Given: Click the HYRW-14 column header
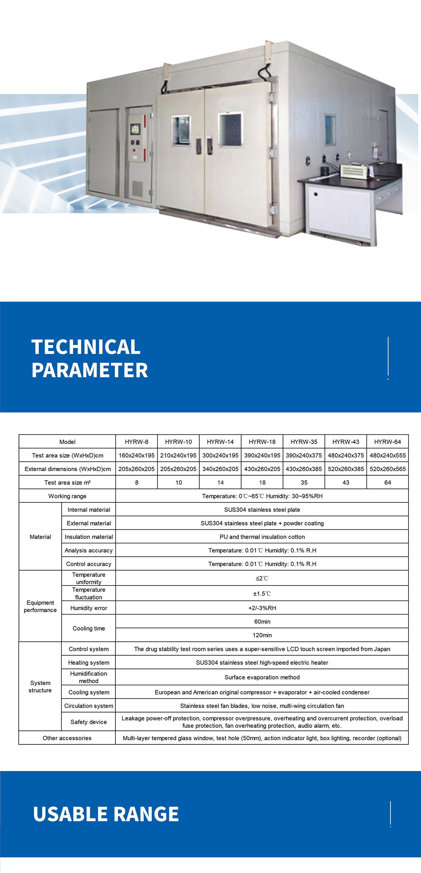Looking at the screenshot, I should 220,442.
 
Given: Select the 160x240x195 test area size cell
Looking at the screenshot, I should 136,455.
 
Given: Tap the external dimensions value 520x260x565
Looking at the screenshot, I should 387,469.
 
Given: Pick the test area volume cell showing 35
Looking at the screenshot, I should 304,482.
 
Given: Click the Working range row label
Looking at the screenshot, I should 67,496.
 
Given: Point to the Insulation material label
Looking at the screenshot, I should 89,537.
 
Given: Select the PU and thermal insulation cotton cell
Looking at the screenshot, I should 262,537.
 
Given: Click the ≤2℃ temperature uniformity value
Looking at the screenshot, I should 262,578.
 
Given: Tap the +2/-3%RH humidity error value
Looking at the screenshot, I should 262,608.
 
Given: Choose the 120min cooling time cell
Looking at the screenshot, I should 262,635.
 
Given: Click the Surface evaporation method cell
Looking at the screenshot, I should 262,677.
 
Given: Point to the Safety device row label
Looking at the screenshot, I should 88,722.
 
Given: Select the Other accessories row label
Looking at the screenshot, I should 67,738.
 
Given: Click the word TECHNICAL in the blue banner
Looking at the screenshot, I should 86,347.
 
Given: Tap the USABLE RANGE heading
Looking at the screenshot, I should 106,814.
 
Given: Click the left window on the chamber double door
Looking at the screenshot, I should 181,130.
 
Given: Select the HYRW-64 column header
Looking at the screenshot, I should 387,442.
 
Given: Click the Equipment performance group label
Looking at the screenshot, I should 40,606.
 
